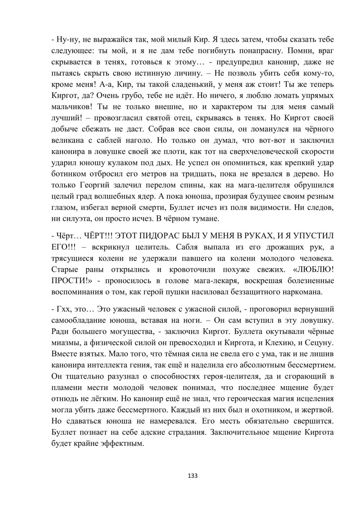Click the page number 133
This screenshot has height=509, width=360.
tap(193, 476)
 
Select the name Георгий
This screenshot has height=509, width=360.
tap(94, 185)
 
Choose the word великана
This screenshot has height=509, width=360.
tap(68, 140)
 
